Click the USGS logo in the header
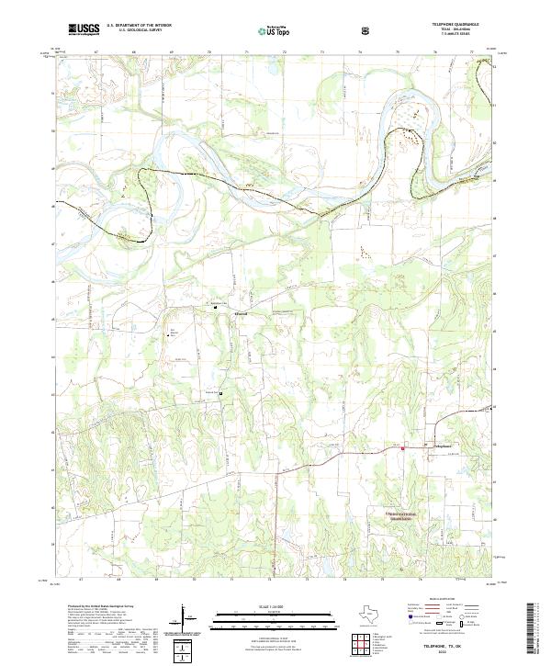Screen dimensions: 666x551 tap(84, 30)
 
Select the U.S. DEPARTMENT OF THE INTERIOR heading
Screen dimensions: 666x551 tap(139, 26)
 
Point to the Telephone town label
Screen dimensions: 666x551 tap(443, 447)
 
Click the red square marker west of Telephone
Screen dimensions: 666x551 tap(403, 448)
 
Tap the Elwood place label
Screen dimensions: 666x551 tap(242, 314)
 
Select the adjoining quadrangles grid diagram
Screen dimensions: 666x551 tap(371, 642)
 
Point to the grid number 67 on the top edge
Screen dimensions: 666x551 tap(96, 53)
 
